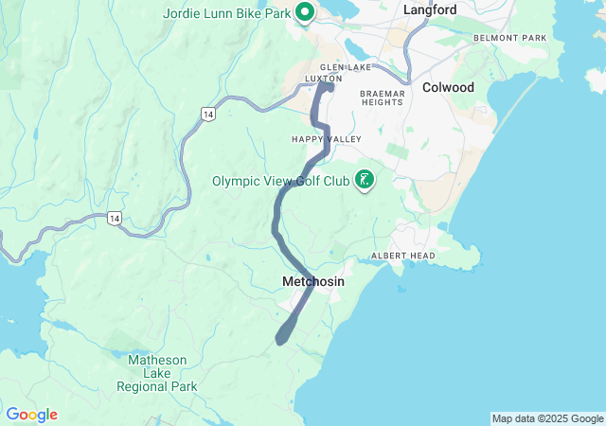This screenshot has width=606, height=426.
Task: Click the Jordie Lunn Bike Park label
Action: click(x=225, y=12)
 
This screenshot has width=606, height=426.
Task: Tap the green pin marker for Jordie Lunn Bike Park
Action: click(x=305, y=12)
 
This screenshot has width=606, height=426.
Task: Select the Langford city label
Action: click(x=430, y=9)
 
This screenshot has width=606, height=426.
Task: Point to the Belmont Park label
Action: click(x=510, y=38)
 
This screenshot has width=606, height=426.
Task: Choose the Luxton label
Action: click(x=324, y=79)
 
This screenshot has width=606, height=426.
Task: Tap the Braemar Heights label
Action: click(x=383, y=99)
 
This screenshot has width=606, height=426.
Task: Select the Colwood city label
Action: click(x=448, y=87)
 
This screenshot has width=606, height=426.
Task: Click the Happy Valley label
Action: click(x=313, y=139)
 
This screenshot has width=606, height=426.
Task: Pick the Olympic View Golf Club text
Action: click(x=280, y=181)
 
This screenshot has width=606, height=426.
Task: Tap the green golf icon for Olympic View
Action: click(x=364, y=179)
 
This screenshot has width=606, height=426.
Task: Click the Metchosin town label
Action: click(x=313, y=282)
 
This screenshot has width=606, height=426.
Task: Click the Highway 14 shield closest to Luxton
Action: click(x=206, y=114)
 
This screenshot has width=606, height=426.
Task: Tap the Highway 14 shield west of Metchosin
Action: click(x=114, y=218)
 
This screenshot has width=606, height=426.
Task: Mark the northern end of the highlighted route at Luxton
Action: click(x=328, y=86)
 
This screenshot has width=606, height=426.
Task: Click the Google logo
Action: click(x=31, y=415)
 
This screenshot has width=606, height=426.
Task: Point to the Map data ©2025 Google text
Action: click(x=546, y=418)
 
